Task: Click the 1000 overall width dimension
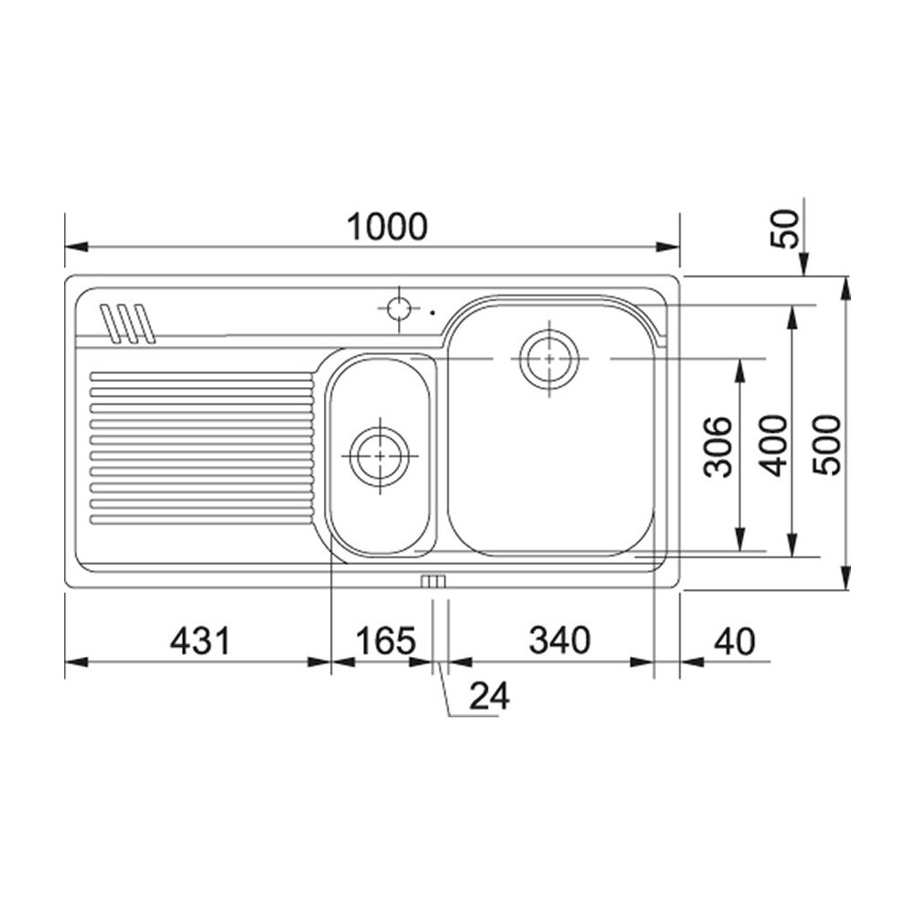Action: [x=386, y=226]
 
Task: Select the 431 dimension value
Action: [x=199, y=641]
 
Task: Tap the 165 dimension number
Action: [x=386, y=641]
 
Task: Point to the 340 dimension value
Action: [x=559, y=641]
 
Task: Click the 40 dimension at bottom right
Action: [x=735, y=641]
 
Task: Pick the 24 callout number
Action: [x=489, y=697]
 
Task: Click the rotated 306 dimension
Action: [x=722, y=447]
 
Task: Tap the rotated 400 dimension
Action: [x=775, y=445]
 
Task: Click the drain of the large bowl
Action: [x=549, y=359]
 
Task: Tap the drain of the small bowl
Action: [x=380, y=455]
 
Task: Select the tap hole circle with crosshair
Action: [x=399, y=308]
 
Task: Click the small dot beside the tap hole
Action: [x=432, y=313]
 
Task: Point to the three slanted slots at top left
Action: [x=127, y=323]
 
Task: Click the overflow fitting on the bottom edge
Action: [x=433, y=582]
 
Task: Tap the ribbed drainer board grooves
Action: [x=201, y=448]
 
